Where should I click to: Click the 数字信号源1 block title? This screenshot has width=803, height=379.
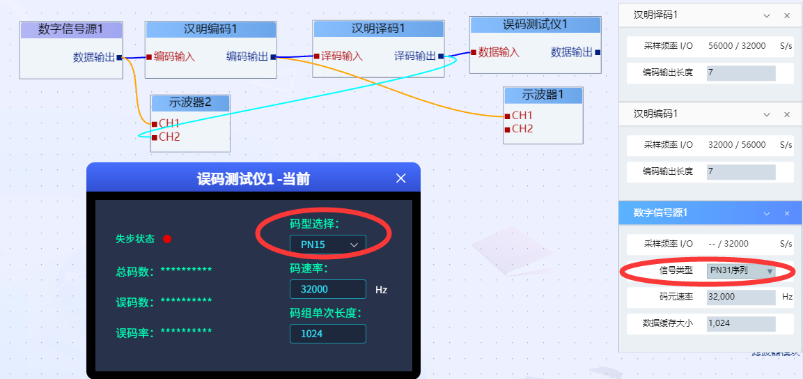[71, 29]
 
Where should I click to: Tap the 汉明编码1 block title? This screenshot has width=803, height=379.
[210, 29]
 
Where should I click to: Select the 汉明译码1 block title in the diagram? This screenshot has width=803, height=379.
[378, 29]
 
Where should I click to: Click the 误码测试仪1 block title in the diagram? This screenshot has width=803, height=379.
[535, 24]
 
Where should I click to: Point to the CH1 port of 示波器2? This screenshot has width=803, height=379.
[169, 123]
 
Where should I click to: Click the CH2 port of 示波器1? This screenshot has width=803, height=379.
[522, 129]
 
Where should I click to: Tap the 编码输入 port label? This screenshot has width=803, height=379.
[174, 56]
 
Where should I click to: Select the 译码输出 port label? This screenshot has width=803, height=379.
[415, 56]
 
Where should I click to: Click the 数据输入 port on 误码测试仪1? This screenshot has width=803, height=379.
[499, 52]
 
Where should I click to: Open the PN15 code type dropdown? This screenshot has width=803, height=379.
[327, 245]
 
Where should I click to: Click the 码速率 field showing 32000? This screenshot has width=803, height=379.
[327, 289]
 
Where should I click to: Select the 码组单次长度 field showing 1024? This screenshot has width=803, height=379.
[327, 334]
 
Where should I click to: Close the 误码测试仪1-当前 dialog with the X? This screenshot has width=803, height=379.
[400, 178]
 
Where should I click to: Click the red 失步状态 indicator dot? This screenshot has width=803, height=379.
[167, 239]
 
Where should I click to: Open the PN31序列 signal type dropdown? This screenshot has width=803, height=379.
[741, 270]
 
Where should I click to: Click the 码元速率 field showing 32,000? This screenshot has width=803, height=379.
[741, 297]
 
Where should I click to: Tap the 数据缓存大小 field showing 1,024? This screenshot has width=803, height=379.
[741, 323]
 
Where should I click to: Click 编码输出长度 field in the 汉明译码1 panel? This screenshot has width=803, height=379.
[741, 72]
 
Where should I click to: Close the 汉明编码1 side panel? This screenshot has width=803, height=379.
[787, 114]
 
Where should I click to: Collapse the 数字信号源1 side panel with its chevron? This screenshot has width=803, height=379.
[767, 213]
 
